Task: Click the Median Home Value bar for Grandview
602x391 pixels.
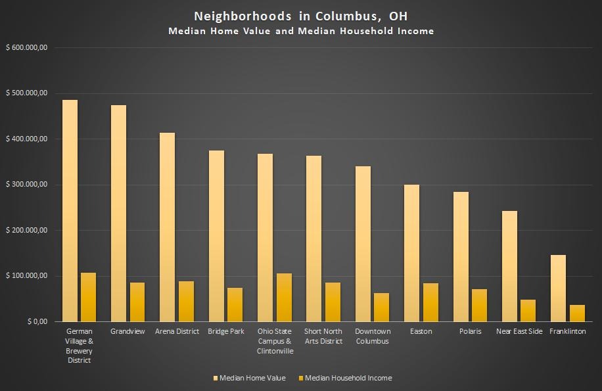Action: click(118, 213)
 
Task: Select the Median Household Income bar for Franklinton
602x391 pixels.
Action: click(577, 313)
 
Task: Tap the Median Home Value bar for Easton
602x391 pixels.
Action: click(411, 253)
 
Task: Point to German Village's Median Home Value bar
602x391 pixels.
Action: click(70, 210)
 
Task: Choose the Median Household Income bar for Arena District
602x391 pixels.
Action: click(186, 301)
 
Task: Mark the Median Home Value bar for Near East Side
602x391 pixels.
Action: click(509, 266)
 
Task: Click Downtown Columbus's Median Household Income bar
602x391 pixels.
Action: click(381, 307)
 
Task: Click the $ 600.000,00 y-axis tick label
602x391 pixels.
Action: click(26, 47)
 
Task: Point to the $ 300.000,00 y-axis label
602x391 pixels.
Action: click(26, 185)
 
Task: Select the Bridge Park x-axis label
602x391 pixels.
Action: click(226, 331)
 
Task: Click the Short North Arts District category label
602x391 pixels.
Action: click(323, 336)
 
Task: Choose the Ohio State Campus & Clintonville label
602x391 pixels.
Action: click(275, 341)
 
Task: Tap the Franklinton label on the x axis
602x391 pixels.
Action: click(567, 331)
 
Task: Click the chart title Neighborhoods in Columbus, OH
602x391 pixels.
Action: click(300, 16)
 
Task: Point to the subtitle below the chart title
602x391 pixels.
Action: click(300, 31)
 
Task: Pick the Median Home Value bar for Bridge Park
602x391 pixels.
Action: click(216, 236)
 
